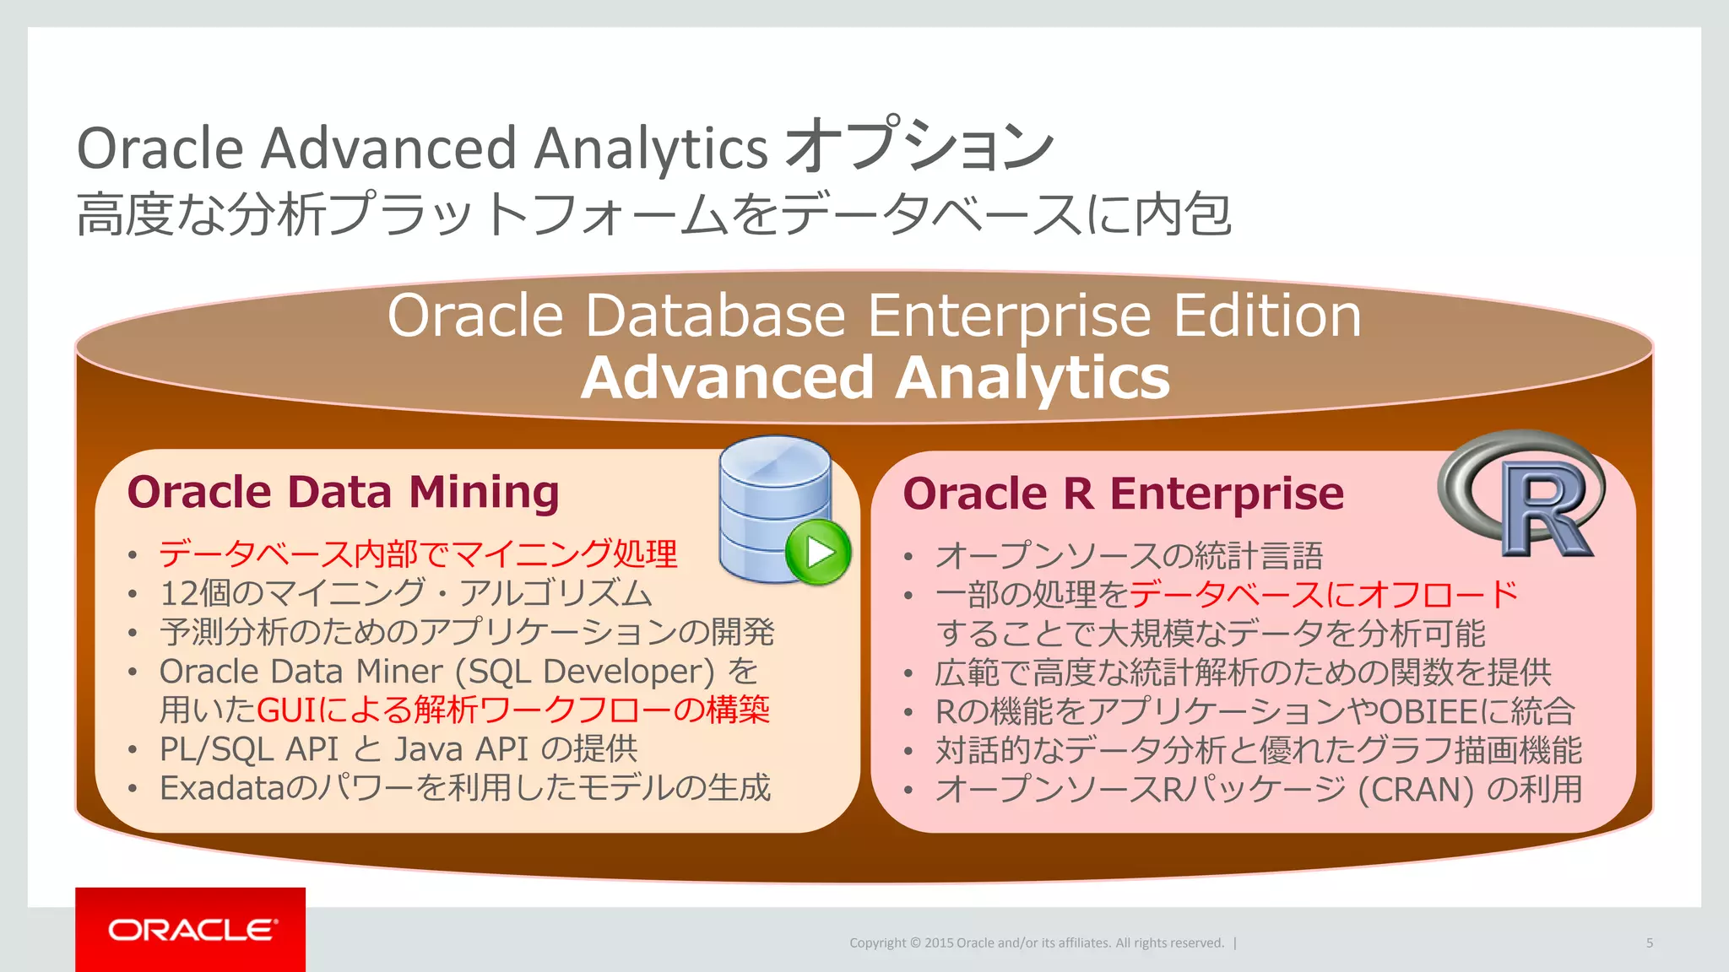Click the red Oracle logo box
(190, 929)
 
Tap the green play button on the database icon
(817, 553)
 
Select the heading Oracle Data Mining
(343, 492)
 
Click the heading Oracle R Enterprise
(1123, 494)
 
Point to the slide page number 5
(1649, 943)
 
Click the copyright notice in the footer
(1036, 943)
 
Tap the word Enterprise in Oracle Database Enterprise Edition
(1009, 316)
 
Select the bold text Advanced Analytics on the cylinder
(875, 377)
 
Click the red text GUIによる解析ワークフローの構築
(512, 710)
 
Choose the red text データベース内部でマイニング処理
(418, 554)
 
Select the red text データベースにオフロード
(1323, 595)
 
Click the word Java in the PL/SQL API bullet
(427, 749)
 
